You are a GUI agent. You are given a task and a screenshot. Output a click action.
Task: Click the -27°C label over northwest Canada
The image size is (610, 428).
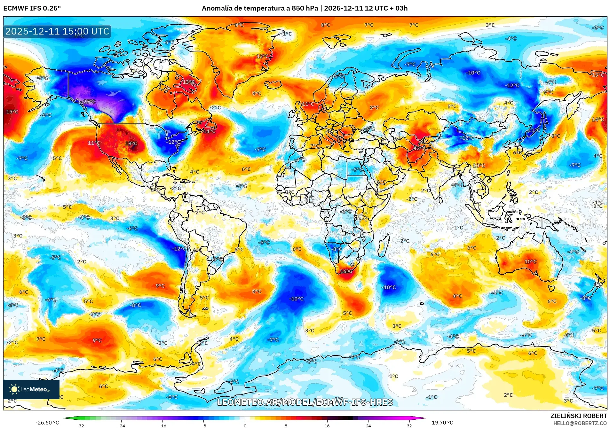(89, 102)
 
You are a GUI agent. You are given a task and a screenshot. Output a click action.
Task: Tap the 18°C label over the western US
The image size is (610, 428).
(131, 144)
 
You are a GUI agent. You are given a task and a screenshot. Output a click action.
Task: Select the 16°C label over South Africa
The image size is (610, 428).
(346, 271)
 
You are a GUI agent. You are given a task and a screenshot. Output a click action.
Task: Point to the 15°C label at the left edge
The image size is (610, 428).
(12, 112)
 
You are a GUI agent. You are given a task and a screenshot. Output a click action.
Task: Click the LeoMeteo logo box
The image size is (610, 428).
(31, 389)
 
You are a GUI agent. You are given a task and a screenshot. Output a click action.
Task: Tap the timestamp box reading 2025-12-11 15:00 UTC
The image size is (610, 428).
(57, 31)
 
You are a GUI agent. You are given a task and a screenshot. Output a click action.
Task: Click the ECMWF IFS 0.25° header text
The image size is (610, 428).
(32, 8)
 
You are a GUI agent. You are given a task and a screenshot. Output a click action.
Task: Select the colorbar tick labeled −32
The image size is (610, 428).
(80, 425)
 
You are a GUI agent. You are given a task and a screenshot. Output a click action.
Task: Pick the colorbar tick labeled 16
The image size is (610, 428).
(327, 425)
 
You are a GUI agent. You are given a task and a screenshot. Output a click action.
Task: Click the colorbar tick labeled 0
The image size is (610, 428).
(245, 425)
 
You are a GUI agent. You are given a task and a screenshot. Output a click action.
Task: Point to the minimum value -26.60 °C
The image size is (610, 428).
(47, 423)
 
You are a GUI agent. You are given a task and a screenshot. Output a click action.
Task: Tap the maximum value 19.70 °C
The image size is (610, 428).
(442, 423)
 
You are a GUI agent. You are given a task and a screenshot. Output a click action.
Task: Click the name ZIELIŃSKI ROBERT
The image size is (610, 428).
(578, 416)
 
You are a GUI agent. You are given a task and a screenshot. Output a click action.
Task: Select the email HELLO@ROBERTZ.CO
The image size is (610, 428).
(580, 423)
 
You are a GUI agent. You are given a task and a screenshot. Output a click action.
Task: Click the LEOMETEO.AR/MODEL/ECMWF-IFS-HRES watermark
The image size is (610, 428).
(305, 402)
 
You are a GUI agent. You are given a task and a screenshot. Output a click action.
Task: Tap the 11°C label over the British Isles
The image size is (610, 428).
(308, 104)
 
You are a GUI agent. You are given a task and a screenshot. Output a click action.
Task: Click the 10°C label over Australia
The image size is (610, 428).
(530, 261)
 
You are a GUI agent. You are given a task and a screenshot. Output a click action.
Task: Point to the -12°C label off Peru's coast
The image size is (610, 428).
(179, 249)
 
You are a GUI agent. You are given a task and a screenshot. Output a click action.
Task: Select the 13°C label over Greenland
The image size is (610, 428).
(263, 56)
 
